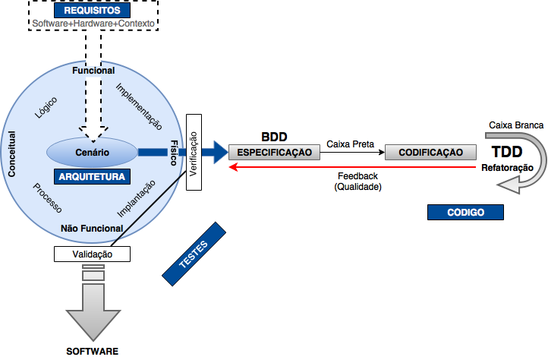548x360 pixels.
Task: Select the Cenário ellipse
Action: click(93, 153)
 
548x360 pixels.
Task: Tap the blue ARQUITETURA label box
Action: click(93, 176)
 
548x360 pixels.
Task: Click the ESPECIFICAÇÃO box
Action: click(275, 152)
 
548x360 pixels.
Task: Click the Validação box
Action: click(93, 254)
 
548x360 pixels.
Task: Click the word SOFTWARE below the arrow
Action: click(93, 352)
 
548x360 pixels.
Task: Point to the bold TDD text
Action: click(507, 151)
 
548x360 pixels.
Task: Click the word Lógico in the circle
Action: click(46, 112)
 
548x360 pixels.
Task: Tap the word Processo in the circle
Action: click(48, 197)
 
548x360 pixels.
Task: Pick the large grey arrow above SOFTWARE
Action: click(93, 311)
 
